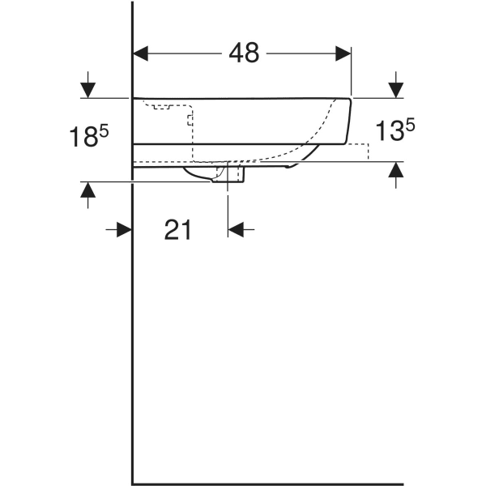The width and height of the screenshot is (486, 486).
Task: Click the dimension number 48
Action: [244, 53]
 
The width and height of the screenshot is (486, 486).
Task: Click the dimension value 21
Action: [177, 230]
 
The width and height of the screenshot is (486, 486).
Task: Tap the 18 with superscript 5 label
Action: [88, 136]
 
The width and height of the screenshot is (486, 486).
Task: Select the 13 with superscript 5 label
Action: [395, 130]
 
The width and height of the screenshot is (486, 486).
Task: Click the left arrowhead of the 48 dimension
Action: [141, 53]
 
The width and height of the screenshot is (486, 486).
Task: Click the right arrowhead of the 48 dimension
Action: [343, 53]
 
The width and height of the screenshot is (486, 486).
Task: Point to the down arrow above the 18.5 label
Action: [88, 84]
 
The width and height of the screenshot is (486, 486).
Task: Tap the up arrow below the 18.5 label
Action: [88, 195]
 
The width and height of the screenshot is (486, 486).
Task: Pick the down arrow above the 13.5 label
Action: [396, 84]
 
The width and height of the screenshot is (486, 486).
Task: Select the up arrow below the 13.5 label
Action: [396, 175]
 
